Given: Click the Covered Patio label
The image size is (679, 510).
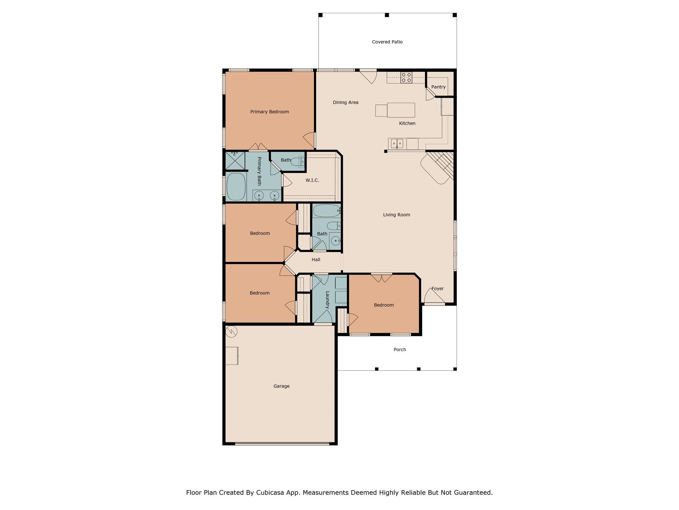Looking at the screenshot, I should tap(387, 42).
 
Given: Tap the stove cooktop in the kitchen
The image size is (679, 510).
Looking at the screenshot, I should tap(406, 77).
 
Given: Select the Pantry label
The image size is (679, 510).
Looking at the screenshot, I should tap(438, 87).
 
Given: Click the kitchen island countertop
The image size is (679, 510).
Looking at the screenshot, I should tap(401, 110).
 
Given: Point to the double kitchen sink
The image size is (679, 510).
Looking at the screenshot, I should tap(397, 143).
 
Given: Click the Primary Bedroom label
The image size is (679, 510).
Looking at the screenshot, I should tap(270, 112).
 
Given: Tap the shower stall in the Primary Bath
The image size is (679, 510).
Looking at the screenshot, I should tap(235, 161).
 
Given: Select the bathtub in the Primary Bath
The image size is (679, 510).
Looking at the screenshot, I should tap(236, 186).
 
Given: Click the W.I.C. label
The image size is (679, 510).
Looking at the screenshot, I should tap(312, 180).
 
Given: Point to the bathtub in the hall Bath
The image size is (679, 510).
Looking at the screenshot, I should tap(327, 211).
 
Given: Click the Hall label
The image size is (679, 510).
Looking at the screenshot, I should tap(316, 260).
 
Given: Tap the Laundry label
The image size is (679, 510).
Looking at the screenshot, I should tap(327, 300).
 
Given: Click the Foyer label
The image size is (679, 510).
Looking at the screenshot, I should tap(437, 289).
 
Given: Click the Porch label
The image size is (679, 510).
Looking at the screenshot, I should tap(400, 350).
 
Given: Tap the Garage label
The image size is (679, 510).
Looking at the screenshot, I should tap(281, 386).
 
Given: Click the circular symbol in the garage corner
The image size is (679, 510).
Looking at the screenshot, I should tap(231, 331).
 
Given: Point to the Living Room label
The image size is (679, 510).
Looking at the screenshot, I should tap(397, 215).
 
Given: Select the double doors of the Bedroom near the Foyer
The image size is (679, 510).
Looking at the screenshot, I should tap(381, 277).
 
